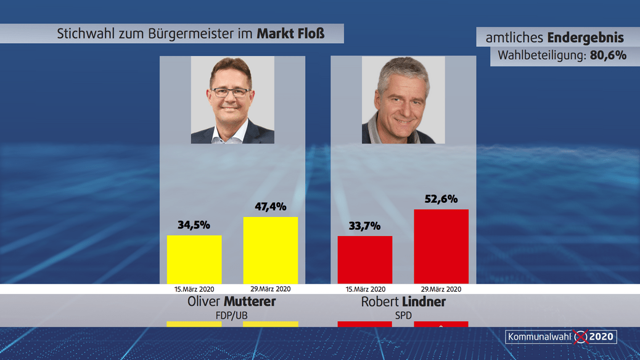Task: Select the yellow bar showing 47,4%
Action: point(271,250)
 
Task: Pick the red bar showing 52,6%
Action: point(441,246)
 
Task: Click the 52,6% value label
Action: point(441,199)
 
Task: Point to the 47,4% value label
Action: point(271,207)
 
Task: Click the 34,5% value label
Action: point(194,225)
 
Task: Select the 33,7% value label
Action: point(365,226)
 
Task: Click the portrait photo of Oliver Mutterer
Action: point(232,100)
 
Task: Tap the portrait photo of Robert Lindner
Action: point(403,100)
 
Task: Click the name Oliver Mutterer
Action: point(231,302)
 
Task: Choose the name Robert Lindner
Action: point(403,302)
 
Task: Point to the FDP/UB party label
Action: point(231,315)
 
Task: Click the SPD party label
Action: point(403,315)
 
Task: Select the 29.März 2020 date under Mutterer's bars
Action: point(271,288)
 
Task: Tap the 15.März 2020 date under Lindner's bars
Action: point(365,288)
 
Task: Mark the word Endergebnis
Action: point(585,38)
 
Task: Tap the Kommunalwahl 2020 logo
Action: point(560,337)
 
